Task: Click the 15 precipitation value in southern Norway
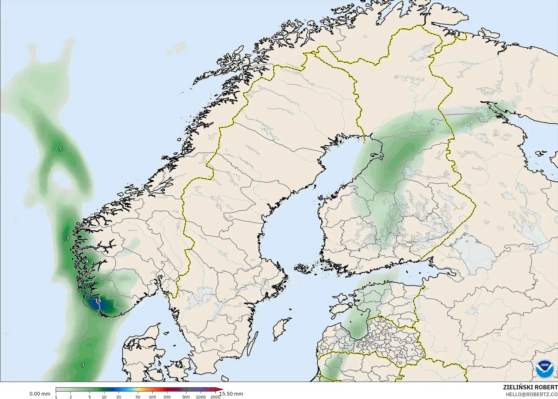[x=98, y=301]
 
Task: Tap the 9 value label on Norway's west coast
[x=87, y=261]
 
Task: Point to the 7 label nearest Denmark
[x=83, y=366]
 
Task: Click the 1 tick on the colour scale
[x=56, y=397]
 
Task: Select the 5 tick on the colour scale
[x=90, y=397]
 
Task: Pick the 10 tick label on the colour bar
[x=104, y=397]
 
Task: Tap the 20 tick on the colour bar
[x=119, y=397]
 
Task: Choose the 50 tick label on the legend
[x=138, y=397]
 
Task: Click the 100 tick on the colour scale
[x=152, y=397]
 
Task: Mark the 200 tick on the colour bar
[x=167, y=397]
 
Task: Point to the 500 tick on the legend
[x=186, y=397]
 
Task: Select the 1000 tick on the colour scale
[x=200, y=397]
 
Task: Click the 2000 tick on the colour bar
[x=215, y=397]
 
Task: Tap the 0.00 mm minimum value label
[x=40, y=394]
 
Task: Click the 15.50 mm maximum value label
[x=231, y=394]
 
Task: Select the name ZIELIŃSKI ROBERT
[x=530, y=388]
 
